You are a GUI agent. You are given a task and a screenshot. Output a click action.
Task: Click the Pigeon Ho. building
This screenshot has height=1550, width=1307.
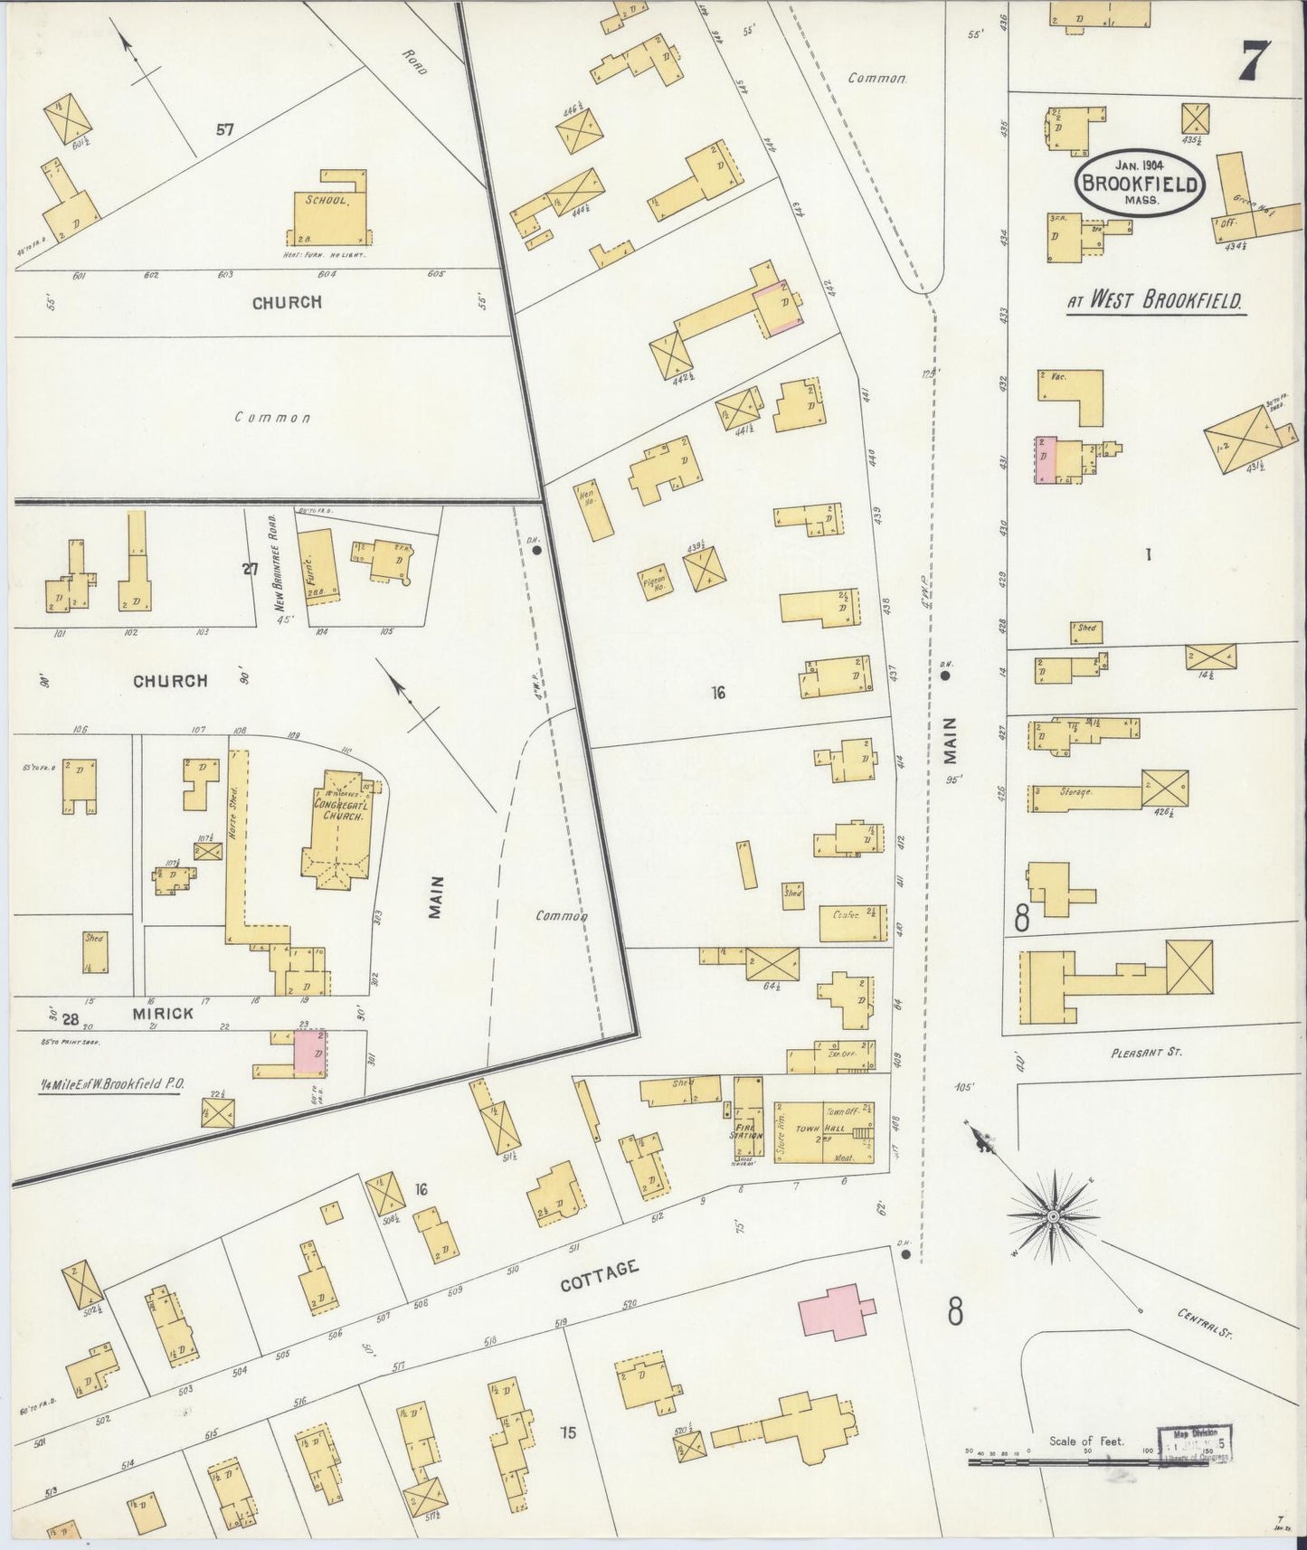654,579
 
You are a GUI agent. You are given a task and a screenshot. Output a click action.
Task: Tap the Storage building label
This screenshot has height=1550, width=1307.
1076,791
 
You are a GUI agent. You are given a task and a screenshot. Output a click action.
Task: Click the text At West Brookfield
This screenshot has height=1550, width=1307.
1156,302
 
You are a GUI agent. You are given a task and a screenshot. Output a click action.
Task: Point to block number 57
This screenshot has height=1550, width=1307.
224,129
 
